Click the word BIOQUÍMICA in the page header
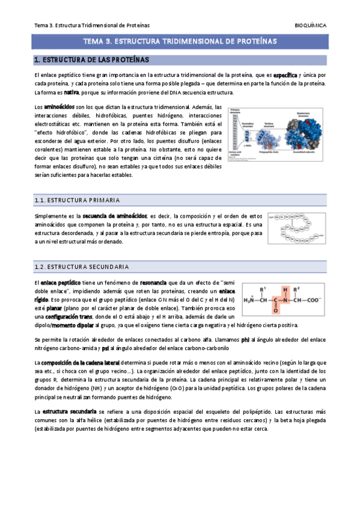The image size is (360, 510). [x=311, y=25]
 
